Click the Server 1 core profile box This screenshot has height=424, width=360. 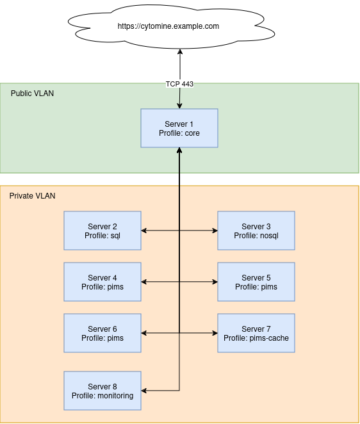pyautogui.click(x=179, y=128)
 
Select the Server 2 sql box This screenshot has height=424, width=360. pyautogui.click(x=102, y=231)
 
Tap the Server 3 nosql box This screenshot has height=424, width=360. pyautogui.click(x=256, y=231)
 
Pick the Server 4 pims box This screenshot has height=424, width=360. pyautogui.click(x=102, y=282)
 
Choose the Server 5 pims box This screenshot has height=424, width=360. pyautogui.click(x=256, y=282)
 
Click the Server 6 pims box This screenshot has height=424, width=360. pyautogui.click(x=102, y=333)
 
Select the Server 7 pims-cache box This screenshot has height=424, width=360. pyautogui.click(x=256, y=333)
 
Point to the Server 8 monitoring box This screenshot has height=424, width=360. pyautogui.click(x=102, y=391)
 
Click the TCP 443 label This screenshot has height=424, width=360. pyautogui.click(x=179, y=84)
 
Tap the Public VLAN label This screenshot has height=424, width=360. pyautogui.click(x=33, y=94)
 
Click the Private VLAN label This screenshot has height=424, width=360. pyautogui.click(x=33, y=195)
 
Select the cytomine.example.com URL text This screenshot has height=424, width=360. pyautogui.click(x=168, y=26)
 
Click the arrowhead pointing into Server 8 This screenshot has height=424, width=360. pyautogui.click(x=145, y=391)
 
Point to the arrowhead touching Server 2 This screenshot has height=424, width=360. pyautogui.click(x=145, y=231)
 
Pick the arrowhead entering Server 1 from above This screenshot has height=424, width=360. pyautogui.click(x=179, y=106)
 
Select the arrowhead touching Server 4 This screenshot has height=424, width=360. pyautogui.click(x=145, y=282)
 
